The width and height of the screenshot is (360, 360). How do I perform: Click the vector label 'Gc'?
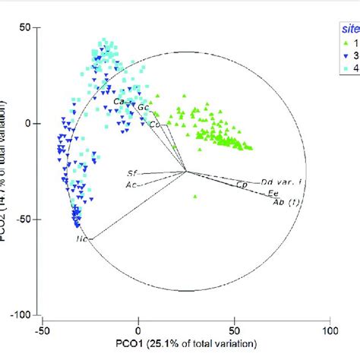pyautogui.click(x=143, y=107)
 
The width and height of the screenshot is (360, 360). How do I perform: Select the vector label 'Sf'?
pyautogui.click(x=131, y=174)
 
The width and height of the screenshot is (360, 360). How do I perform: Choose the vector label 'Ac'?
pyautogui.click(x=131, y=185)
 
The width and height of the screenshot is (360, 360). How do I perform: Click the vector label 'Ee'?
pyautogui.click(x=273, y=194)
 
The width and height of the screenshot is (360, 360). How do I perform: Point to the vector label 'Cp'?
pyautogui.click(x=242, y=185)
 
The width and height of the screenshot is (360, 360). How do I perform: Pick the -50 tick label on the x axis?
pyautogui.click(x=42, y=331)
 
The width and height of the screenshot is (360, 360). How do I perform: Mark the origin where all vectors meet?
pyautogui.click(x=186, y=171)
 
